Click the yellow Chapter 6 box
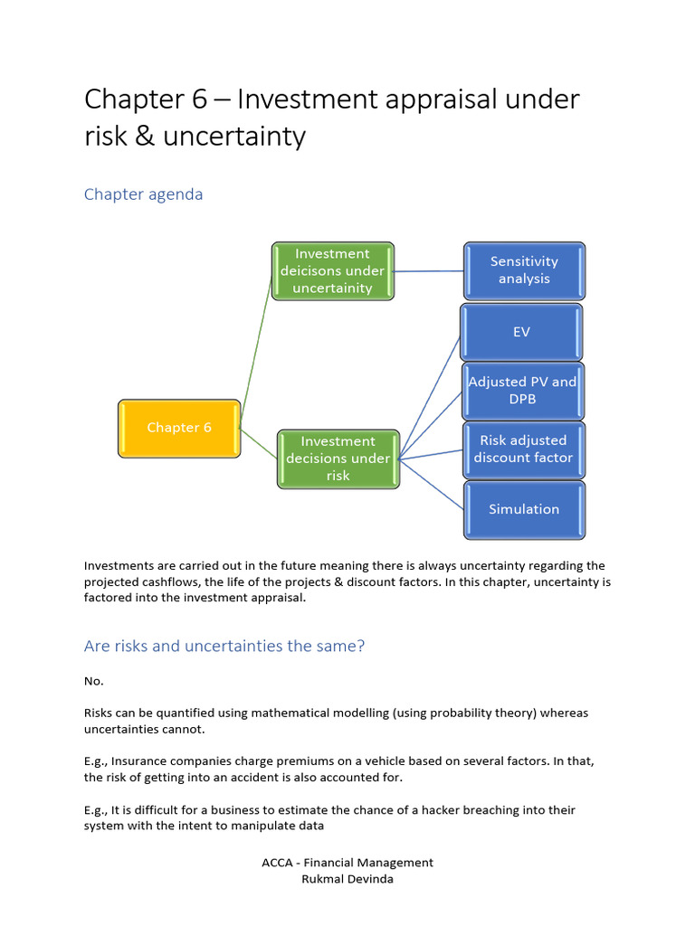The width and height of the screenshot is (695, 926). [179, 428]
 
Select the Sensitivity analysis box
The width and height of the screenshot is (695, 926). [524, 269]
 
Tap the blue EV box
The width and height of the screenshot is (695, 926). [521, 332]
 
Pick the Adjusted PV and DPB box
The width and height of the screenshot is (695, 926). [522, 390]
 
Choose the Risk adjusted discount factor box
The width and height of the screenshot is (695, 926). [523, 449]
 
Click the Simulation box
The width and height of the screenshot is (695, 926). [524, 509]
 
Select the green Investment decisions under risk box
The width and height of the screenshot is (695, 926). [338, 458]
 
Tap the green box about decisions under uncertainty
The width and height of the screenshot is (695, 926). [333, 270]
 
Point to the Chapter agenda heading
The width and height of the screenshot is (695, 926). [143, 194]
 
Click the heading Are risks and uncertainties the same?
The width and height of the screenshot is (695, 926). [224, 647]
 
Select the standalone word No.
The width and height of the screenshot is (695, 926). [93, 681]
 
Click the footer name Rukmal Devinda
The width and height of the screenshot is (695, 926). [347, 879]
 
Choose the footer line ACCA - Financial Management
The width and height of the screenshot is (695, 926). [347, 863]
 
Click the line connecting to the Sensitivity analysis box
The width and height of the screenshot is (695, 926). [430, 270]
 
